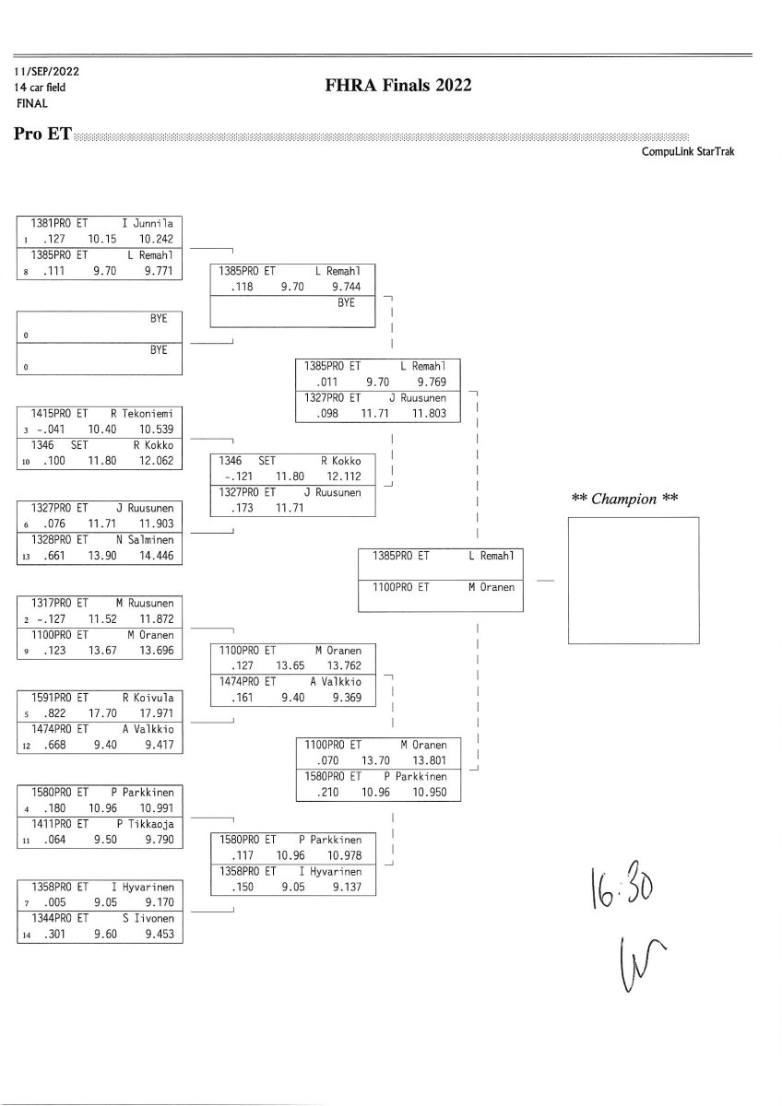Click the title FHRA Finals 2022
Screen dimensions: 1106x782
coord(398,86)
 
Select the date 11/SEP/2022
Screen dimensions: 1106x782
coord(46,71)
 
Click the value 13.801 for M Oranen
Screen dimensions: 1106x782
coord(430,760)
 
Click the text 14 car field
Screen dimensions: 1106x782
coord(40,88)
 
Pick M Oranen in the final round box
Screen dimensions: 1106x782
coord(492,586)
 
